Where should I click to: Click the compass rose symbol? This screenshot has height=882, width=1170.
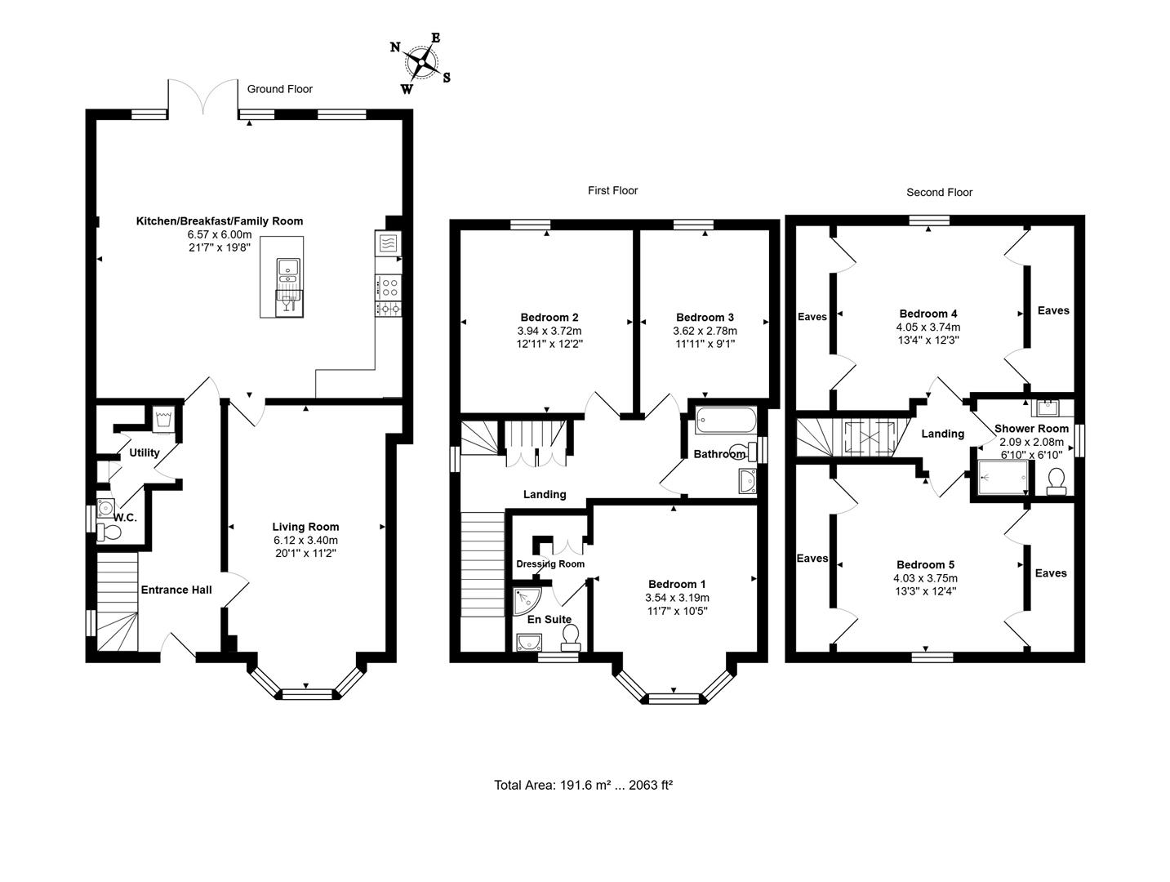click(x=421, y=60)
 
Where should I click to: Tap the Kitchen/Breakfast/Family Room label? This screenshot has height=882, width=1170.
click(x=219, y=221)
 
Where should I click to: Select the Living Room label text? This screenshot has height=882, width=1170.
click(x=305, y=527)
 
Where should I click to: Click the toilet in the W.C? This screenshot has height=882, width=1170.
click(x=109, y=533)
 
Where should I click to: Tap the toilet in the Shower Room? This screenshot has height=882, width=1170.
click(x=1056, y=481)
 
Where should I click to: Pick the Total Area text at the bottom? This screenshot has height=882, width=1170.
click(x=583, y=786)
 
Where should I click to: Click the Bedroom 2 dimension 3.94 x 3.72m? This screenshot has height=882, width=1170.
click(x=549, y=331)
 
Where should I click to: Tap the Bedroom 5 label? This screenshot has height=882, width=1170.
click(x=925, y=565)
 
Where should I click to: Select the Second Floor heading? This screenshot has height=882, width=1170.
click(x=939, y=193)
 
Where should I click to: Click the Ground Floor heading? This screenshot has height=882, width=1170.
click(x=280, y=89)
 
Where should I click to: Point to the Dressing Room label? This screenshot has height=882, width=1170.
click(x=550, y=564)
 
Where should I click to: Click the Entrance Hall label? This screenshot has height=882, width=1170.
click(x=176, y=590)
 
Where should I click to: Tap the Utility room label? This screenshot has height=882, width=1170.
click(x=145, y=452)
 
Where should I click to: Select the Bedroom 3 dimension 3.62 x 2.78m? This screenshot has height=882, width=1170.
click(x=705, y=331)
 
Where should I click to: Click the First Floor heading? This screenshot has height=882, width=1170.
click(x=612, y=190)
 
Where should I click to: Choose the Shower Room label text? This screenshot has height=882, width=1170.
click(x=1031, y=429)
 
